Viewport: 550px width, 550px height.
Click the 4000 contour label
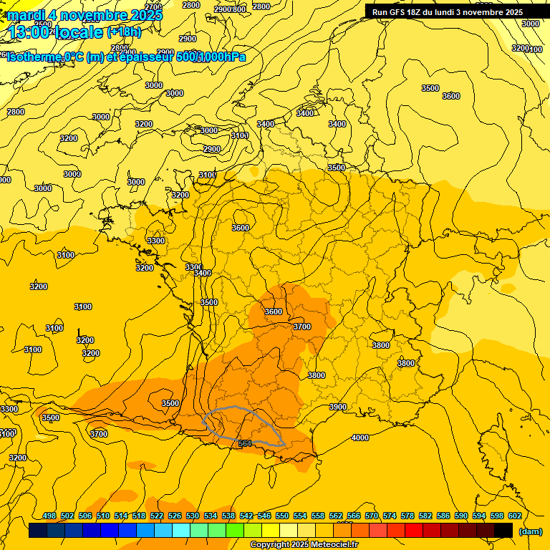click(360, 438)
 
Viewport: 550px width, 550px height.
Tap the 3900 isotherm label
click(337, 407)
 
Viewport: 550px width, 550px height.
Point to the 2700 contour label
click(153, 6)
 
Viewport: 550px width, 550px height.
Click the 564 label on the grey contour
click(245, 444)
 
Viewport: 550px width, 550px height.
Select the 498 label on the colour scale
click(49, 516)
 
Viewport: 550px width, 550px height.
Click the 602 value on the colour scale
click(514, 516)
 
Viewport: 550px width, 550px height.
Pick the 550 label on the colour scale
click(281, 516)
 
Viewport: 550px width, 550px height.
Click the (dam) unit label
click(530, 531)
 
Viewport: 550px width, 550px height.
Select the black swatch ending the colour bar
click(503, 530)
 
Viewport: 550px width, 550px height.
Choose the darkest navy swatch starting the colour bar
click(38, 530)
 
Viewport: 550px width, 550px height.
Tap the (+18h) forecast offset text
click(124, 32)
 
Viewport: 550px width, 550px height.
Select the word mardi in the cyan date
click(28, 14)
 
